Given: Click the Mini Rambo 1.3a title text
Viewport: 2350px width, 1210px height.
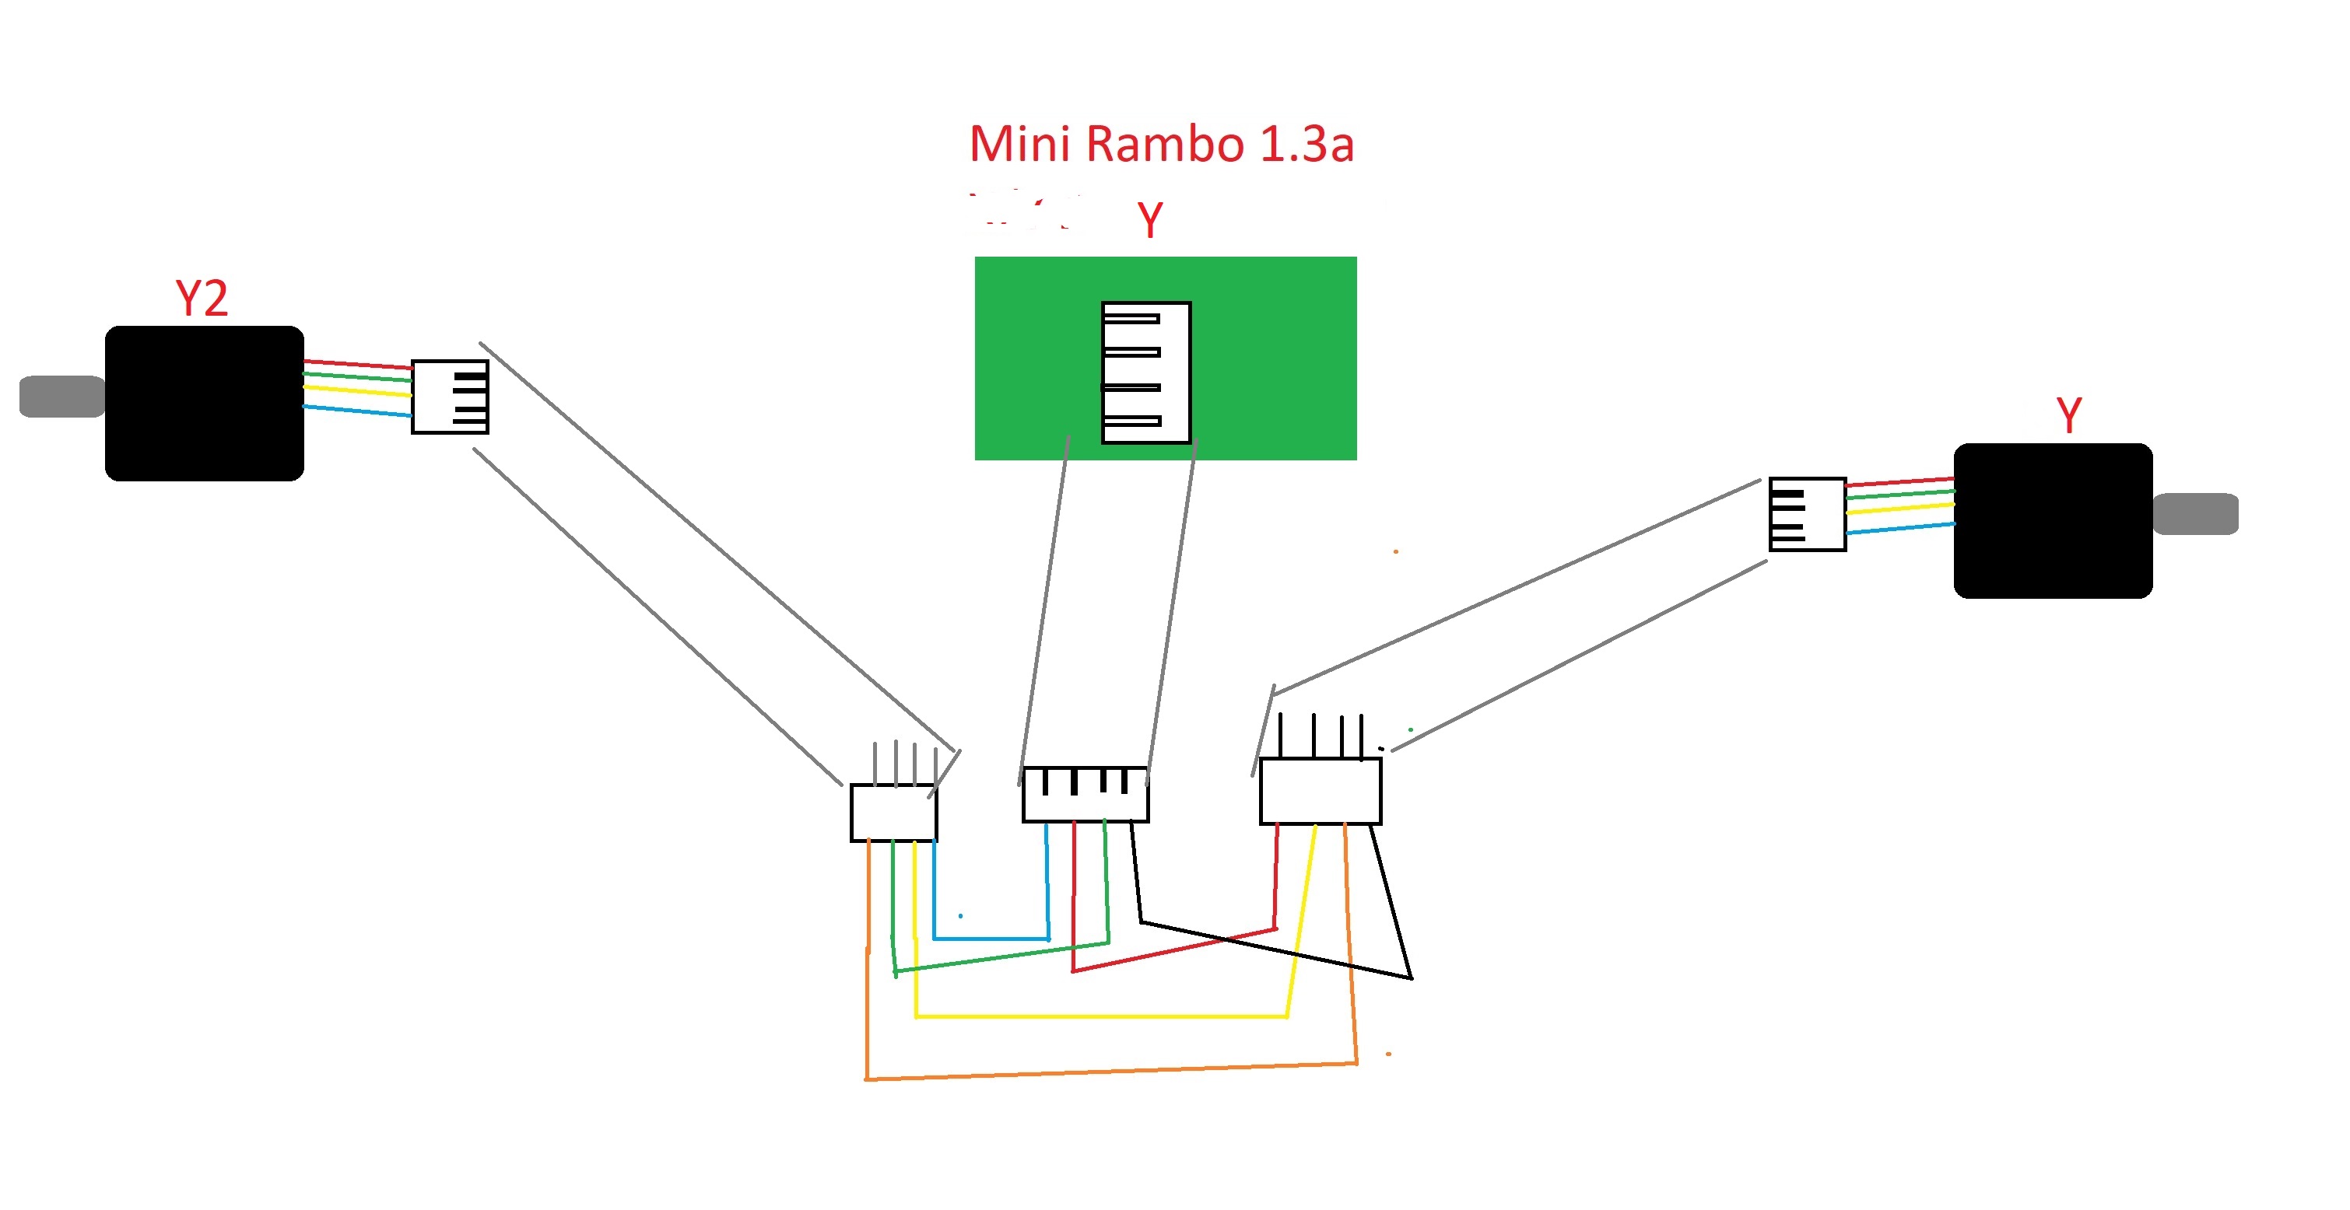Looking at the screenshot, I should pos(1160,145).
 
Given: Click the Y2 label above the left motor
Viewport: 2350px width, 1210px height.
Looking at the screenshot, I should pos(201,299).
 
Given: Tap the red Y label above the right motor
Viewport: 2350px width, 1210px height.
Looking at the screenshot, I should pos(2068,416).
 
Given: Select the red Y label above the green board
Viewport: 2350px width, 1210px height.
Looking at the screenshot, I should pos(1149,220).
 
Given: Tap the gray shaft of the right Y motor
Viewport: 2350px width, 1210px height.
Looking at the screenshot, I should pos(2195,514).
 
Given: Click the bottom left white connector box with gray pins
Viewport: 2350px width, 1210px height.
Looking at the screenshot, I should pos(893,813).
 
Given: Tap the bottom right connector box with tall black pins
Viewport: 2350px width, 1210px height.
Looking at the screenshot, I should pos(1320,792).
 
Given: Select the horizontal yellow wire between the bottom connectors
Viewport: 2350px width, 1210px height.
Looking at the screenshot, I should pos(1100,1015).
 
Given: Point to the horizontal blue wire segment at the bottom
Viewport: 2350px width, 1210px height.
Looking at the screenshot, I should pos(991,939).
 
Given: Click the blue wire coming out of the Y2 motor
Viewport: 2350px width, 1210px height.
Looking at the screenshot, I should pos(356,411).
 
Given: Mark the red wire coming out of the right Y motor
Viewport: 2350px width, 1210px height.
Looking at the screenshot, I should pos(1899,481).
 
